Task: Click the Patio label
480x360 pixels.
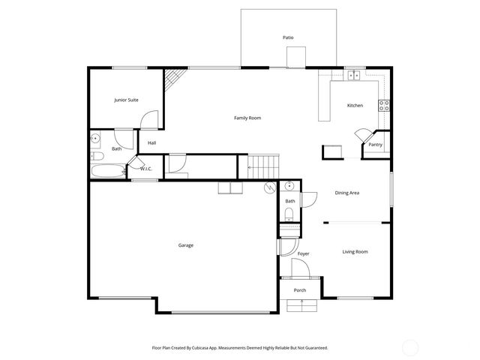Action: click(x=288, y=37)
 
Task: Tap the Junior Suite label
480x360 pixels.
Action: click(x=126, y=99)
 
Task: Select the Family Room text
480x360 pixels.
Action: click(x=247, y=118)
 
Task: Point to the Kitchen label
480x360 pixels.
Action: click(x=355, y=105)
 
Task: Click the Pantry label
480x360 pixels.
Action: click(x=376, y=145)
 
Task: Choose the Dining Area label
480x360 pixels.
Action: click(x=346, y=193)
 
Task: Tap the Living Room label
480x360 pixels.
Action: click(x=355, y=251)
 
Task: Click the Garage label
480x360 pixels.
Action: click(x=185, y=245)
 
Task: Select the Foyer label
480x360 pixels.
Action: click(x=303, y=253)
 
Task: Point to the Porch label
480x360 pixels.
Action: click(x=300, y=289)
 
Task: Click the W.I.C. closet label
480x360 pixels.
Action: click(x=146, y=168)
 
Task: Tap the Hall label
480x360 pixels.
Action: click(x=151, y=142)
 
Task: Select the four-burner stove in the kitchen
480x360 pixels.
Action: click(x=384, y=106)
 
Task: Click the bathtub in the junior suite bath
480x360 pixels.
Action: click(x=106, y=171)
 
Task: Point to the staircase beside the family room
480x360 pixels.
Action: click(x=263, y=165)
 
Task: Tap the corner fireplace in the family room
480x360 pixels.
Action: click(x=175, y=78)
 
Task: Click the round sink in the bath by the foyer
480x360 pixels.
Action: click(x=290, y=185)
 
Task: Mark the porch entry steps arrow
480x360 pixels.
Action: click(x=301, y=304)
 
